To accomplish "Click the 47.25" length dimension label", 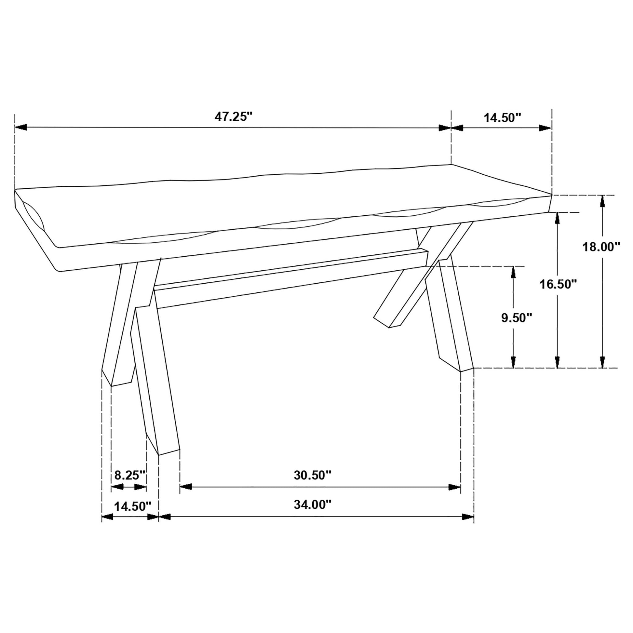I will click(x=234, y=117).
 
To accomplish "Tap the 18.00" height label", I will click(x=601, y=247).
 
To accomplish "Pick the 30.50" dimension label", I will click(x=313, y=475).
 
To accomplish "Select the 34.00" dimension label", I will click(x=313, y=505).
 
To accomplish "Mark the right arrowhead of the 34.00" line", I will click(x=468, y=517).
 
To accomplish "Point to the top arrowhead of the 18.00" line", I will click(x=602, y=201).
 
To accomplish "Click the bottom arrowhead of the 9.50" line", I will click(x=513, y=362).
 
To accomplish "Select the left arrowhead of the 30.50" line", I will click(x=186, y=487).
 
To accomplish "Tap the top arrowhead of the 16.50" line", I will click(x=557, y=218).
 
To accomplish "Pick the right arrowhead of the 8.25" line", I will click(x=140, y=488).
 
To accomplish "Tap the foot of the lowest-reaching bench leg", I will click(x=169, y=451).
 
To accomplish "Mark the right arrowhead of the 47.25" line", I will click(x=445, y=128).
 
